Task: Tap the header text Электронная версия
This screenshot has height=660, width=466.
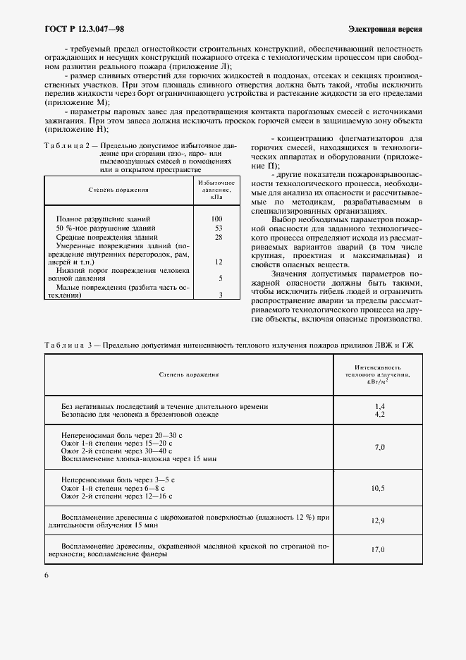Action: (385, 29)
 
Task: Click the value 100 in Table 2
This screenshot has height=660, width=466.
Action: (217, 219)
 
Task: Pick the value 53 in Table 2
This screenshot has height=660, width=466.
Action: (218, 228)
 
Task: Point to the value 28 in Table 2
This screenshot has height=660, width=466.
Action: (218, 238)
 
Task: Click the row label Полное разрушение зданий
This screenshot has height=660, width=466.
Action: (103, 219)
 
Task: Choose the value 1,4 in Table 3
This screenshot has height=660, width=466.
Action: (379, 407)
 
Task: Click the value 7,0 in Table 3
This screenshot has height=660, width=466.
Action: (379, 447)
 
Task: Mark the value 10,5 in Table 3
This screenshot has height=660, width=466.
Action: (379, 487)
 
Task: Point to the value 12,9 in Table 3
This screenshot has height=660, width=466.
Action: (379, 520)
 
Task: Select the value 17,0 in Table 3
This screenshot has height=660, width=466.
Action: (379, 549)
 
